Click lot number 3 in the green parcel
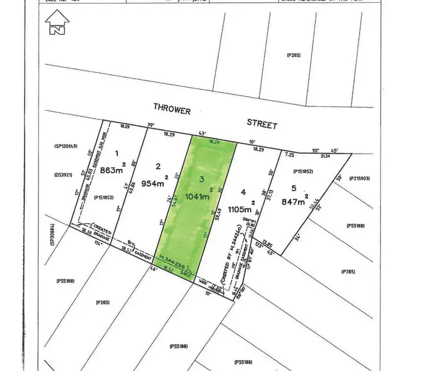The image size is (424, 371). [201, 179]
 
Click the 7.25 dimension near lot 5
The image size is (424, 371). [291, 154]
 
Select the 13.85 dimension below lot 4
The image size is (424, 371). [268, 245]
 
